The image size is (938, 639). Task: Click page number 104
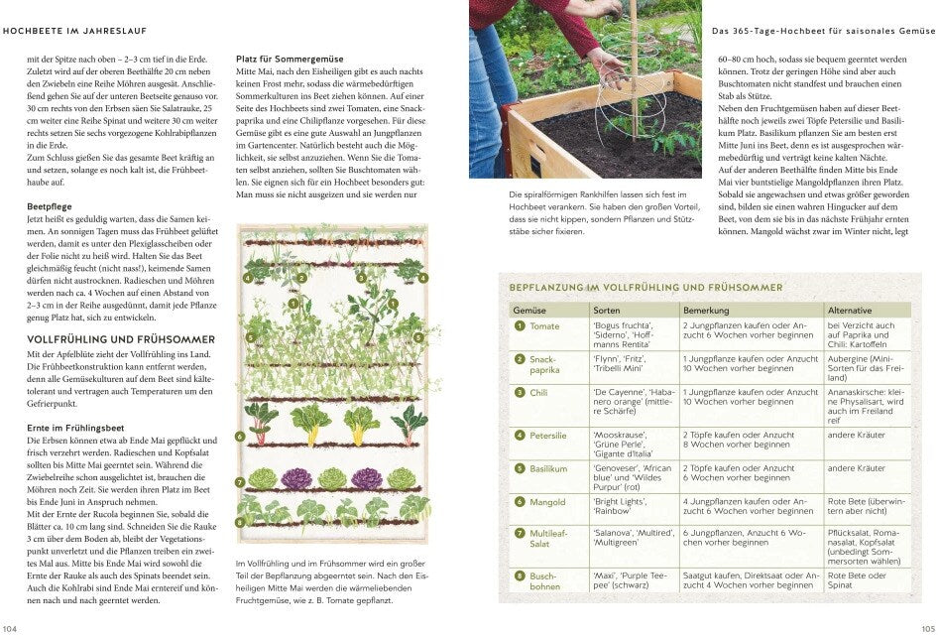coord(11,629)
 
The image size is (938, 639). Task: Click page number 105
coord(926,629)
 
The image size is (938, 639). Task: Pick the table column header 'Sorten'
coord(607,311)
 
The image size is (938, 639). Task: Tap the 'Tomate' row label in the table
coord(544,326)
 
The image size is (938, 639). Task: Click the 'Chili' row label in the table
coord(539,393)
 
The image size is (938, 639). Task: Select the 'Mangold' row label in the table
coord(547,502)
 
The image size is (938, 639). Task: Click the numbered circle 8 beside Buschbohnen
coord(519,575)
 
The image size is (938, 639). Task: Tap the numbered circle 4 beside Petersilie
coord(519,435)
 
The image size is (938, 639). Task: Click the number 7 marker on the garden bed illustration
coord(240,482)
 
